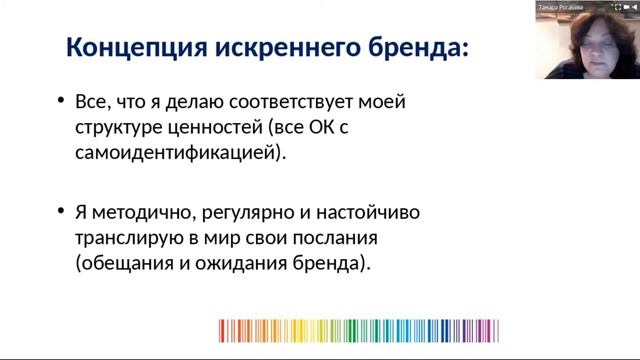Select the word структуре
(118, 128)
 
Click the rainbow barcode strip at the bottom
(358, 331)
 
